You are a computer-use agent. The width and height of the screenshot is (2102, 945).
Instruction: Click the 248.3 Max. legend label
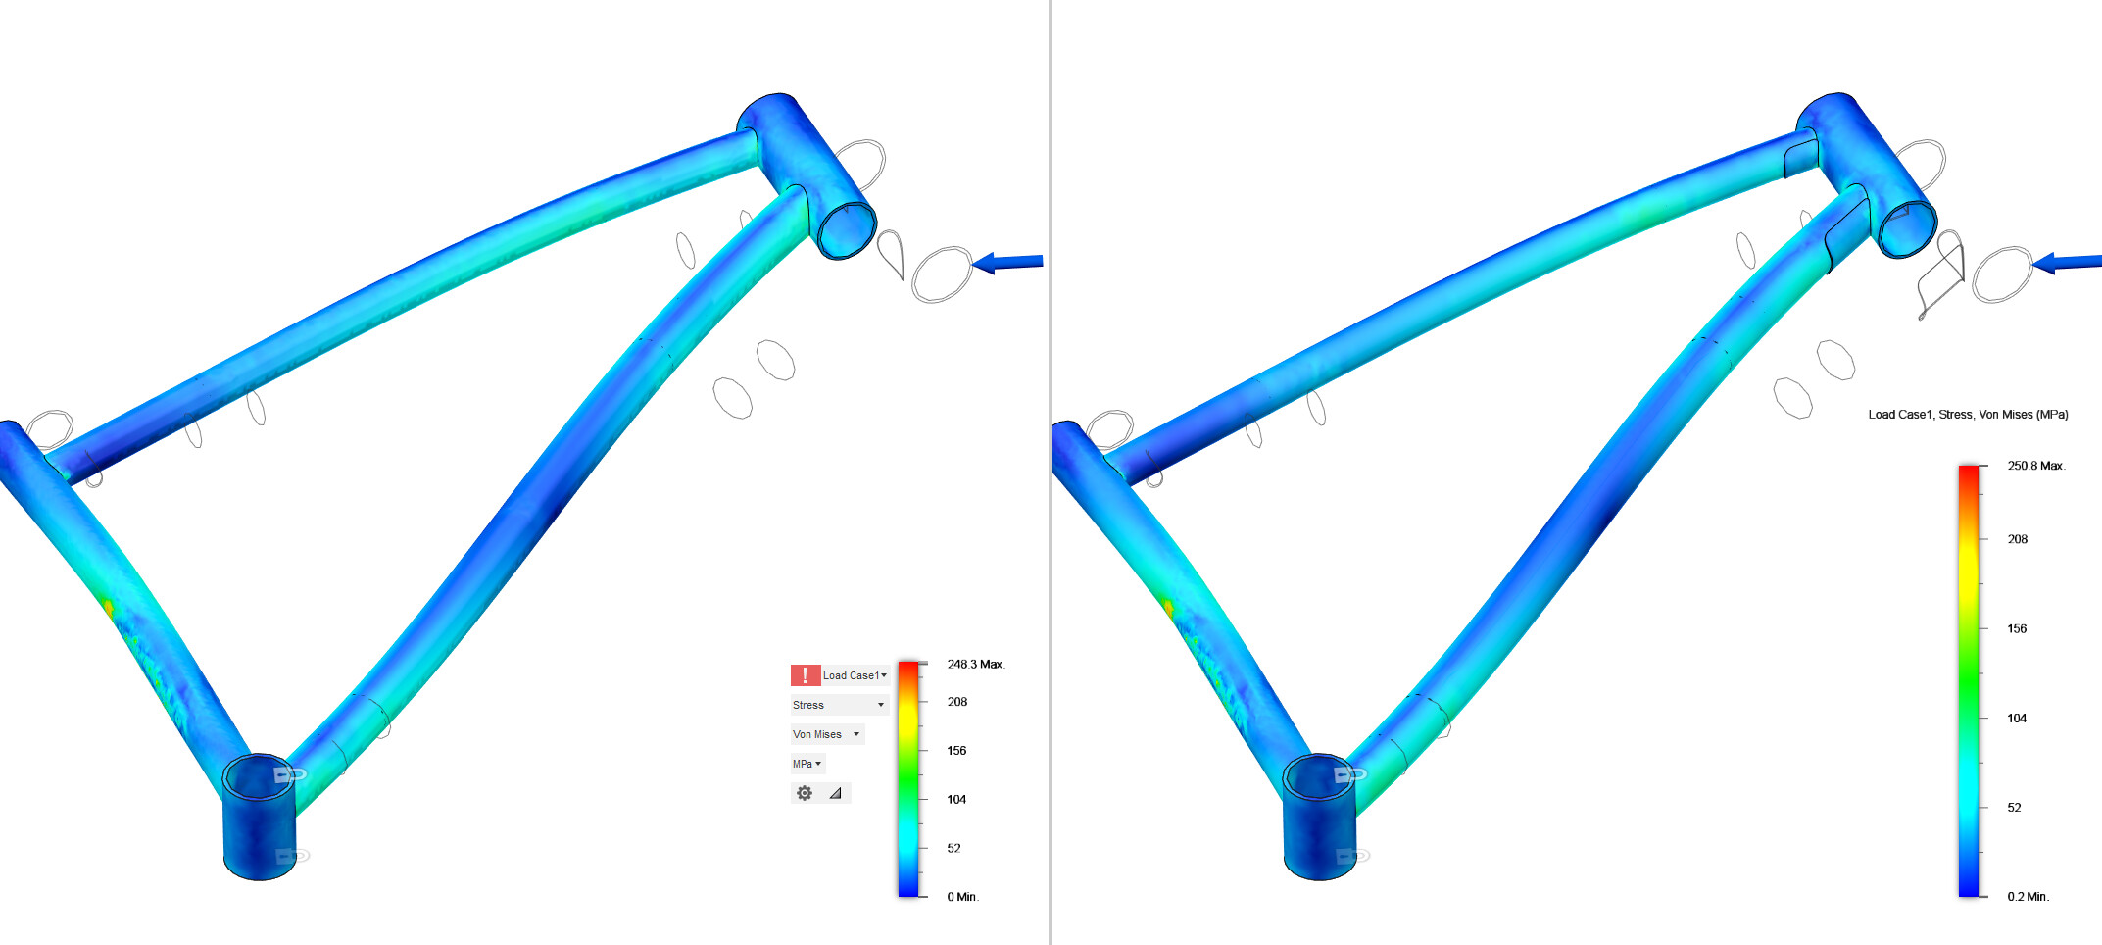974,665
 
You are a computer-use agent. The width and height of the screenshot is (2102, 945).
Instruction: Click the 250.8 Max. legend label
2035,466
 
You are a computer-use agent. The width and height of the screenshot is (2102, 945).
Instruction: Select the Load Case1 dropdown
854,675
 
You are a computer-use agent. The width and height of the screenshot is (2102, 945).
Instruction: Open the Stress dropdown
838,705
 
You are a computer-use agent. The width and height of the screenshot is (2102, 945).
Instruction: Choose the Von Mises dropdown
826,734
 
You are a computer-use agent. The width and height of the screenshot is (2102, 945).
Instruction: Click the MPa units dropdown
807,764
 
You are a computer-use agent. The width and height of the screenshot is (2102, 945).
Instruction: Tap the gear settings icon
805,793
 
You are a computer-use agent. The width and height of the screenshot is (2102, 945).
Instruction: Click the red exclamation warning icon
805,675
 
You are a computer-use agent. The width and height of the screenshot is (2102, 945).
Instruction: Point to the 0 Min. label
961,897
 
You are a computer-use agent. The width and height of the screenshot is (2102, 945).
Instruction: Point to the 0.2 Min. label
2027,897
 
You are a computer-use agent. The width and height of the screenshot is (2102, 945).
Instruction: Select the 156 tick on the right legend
2016,629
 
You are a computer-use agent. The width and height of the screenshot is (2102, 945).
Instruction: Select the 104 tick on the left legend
955,800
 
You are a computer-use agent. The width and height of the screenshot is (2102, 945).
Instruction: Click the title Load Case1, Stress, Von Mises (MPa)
1967,415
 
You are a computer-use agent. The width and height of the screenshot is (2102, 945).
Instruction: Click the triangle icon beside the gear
835,793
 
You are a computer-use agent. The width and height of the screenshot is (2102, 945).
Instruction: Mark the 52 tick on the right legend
2014,808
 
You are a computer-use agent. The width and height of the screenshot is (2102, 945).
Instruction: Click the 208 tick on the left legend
956,702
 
